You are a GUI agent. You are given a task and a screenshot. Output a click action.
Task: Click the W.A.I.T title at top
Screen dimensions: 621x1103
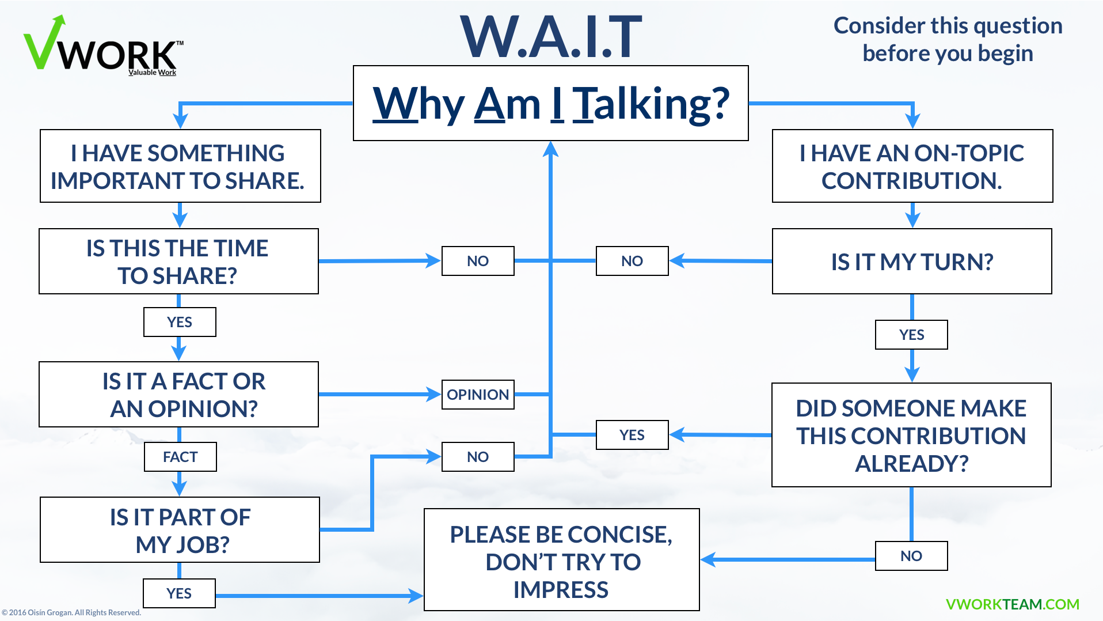(x=551, y=38)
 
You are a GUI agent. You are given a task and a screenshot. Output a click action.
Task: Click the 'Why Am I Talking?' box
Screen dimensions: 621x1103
(x=550, y=104)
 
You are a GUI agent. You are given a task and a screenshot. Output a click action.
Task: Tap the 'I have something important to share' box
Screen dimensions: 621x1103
(x=180, y=166)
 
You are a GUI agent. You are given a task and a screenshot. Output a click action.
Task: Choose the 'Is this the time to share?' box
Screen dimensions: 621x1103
(x=178, y=262)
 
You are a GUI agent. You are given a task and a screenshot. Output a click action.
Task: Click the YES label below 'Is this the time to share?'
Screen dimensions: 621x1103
(x=180, y=322)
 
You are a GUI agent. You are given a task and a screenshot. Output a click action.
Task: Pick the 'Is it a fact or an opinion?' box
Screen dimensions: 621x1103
(x=178, y=395)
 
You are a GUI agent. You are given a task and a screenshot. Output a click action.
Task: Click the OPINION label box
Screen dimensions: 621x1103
(x=478, y=395)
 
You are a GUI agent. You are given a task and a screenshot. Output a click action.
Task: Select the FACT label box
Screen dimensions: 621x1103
(x=180, y=457)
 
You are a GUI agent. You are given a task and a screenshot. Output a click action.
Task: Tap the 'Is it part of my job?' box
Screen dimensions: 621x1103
(x=180, y=530)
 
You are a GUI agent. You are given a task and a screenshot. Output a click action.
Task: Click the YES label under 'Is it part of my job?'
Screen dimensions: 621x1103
(x=179, y=593)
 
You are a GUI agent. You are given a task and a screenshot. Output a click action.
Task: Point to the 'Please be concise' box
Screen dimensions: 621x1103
(x=561, y=560)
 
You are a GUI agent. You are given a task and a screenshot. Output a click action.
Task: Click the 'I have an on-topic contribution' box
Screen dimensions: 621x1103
(x=912, y=166)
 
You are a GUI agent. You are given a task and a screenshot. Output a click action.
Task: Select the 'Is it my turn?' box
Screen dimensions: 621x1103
(x=912, y=262)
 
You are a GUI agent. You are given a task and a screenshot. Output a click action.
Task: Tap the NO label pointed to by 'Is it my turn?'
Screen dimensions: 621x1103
(x=632, y=261)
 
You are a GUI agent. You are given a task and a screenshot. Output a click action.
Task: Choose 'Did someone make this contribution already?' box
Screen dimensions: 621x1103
(x=911, y=435)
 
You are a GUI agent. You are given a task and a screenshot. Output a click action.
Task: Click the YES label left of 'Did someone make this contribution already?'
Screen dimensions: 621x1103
(x=632, y=435)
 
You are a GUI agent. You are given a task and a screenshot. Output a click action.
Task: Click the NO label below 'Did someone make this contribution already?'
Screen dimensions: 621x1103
(x=911, y=556)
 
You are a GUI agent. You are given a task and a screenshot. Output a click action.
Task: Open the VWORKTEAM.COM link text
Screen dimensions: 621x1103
(x=1012, y=604)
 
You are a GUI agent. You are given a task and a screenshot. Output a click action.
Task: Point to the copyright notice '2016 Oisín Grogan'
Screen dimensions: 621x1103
(x=72, y=612)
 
